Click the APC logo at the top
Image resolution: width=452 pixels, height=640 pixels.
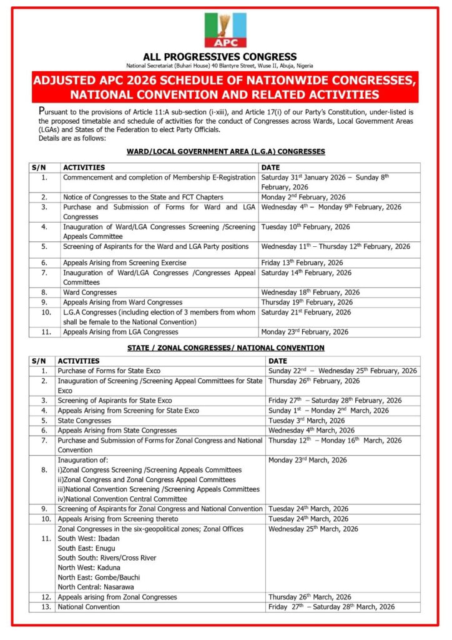click(x=225, y=30)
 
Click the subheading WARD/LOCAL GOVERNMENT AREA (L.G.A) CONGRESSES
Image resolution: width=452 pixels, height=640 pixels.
click(x=225, y=152)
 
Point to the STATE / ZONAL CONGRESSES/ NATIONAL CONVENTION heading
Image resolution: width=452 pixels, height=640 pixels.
click(x=225, y=347)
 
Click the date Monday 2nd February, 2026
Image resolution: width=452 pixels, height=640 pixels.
click(x=303, y=197)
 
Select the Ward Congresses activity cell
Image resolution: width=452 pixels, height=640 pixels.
click(x=90, y=292)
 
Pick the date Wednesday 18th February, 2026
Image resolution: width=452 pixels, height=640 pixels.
click(x=310, y=292)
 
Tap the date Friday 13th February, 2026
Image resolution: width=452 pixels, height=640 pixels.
click(x=302, y=262)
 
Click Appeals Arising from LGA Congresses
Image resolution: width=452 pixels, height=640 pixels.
click(x=120, y=332)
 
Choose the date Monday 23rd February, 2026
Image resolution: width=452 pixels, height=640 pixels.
click(x=305, y=332)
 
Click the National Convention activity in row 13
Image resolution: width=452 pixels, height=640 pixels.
click(x=89, y=606)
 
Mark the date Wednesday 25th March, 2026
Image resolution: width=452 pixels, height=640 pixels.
click(x=313, y=529)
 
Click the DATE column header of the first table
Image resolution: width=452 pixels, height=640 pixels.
click(x=269, y=167)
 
